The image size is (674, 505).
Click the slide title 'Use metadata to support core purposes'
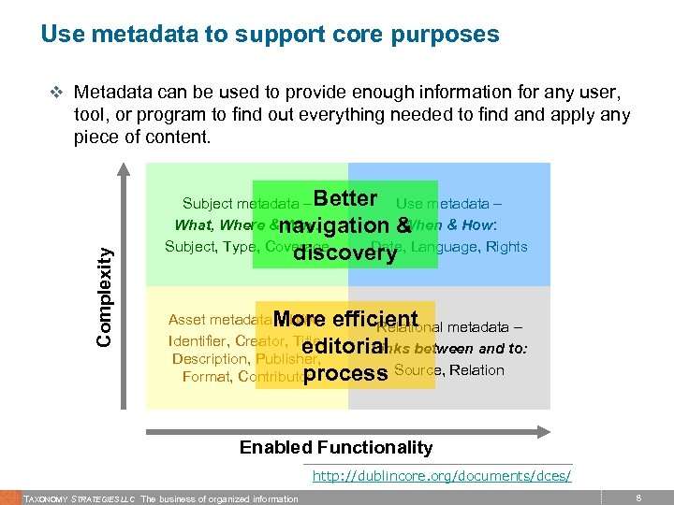point(270,36)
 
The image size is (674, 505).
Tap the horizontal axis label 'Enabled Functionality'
point(336,447)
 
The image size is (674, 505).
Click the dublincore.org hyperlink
point(441,476)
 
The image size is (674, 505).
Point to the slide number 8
point(637,498)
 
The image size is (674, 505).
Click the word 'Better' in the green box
point(345,199)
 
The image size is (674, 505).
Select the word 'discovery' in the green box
point(345,252)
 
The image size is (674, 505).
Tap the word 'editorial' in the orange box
point(345,346)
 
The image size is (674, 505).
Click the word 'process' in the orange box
point(345,373)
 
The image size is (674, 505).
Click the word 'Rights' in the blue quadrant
point(506,247)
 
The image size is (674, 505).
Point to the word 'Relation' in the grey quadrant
point(476,370)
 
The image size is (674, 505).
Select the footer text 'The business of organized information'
point(220,498)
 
